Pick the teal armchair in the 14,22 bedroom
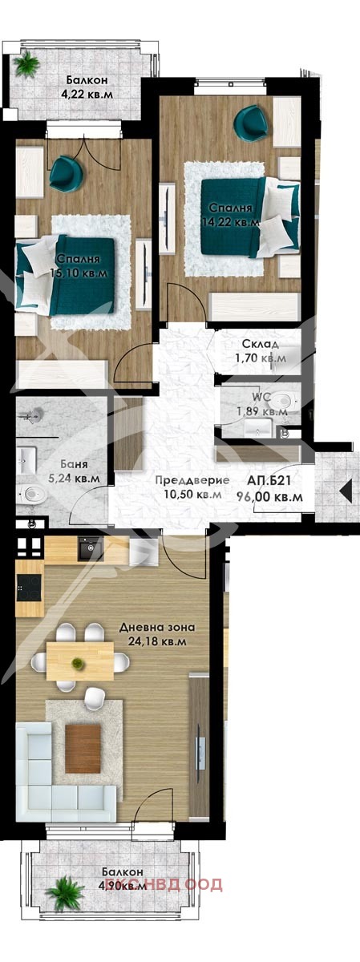(253, 123)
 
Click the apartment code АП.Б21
(274, 481)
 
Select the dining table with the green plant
(79, 661)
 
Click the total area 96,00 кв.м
(274, 497)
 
